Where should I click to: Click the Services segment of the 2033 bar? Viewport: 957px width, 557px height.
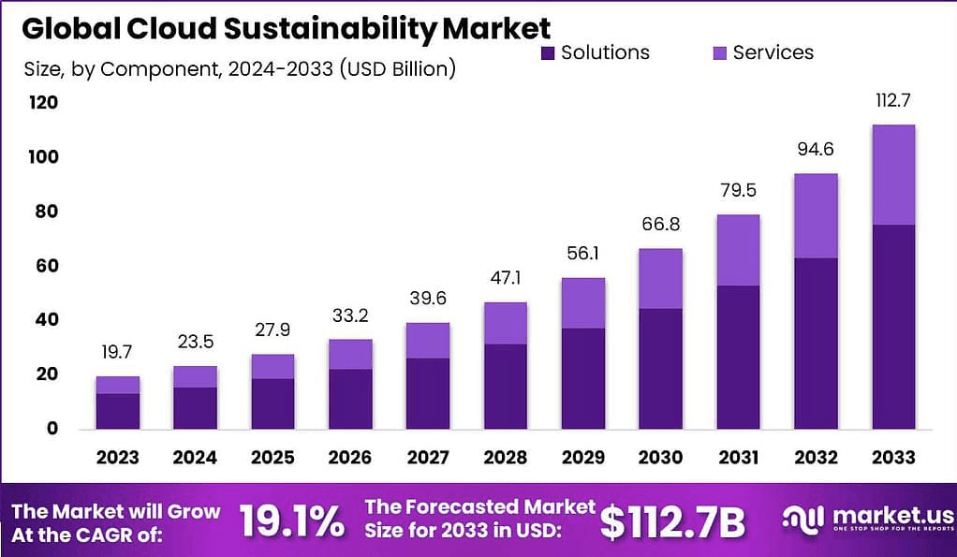click(x=892, y=175)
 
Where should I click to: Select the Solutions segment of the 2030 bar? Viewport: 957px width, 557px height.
click(x=660, y=368)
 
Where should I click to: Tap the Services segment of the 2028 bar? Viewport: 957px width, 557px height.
click(x=506, y=323)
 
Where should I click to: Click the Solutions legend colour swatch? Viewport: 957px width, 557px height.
click(x=548, y=52)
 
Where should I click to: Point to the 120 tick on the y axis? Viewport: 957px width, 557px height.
click(x=43, y=102)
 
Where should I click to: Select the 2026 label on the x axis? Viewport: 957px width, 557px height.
click(x=350, y=458)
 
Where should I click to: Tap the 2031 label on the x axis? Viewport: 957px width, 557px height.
click(x=738, y=458)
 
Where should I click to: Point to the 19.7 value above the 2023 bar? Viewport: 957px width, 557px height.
click(x=118, y=352)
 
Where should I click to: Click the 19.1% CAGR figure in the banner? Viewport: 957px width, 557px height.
click(x=291, y=522)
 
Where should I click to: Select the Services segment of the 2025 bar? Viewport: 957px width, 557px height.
click(x=272, y=366)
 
